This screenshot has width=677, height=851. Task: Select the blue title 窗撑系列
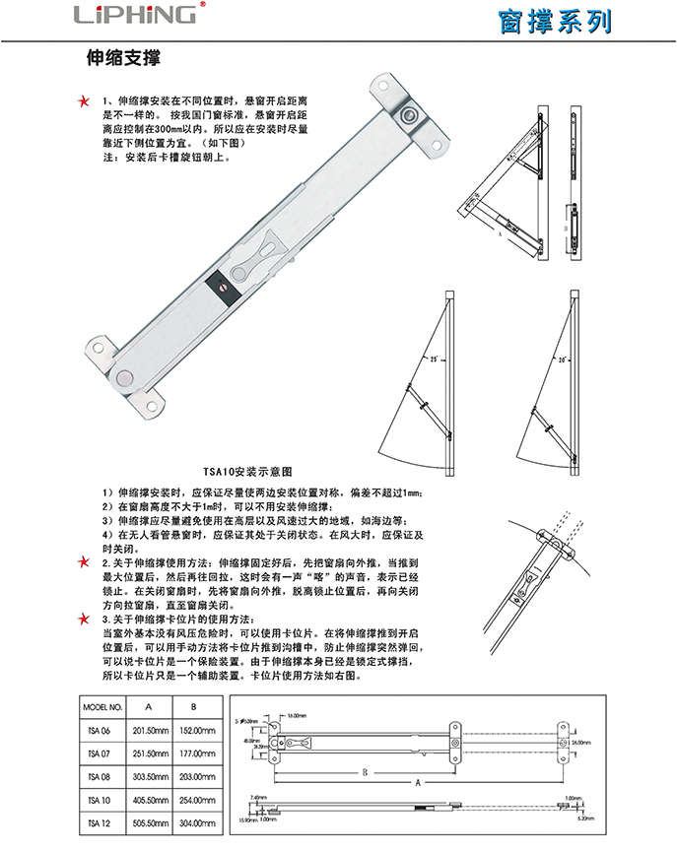(x=555, y=21)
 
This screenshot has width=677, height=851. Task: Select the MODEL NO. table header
(x=102, y=707)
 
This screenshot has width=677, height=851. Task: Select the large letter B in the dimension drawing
(x=364, y=771)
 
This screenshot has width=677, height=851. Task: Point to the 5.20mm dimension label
(x=582, y=817)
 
